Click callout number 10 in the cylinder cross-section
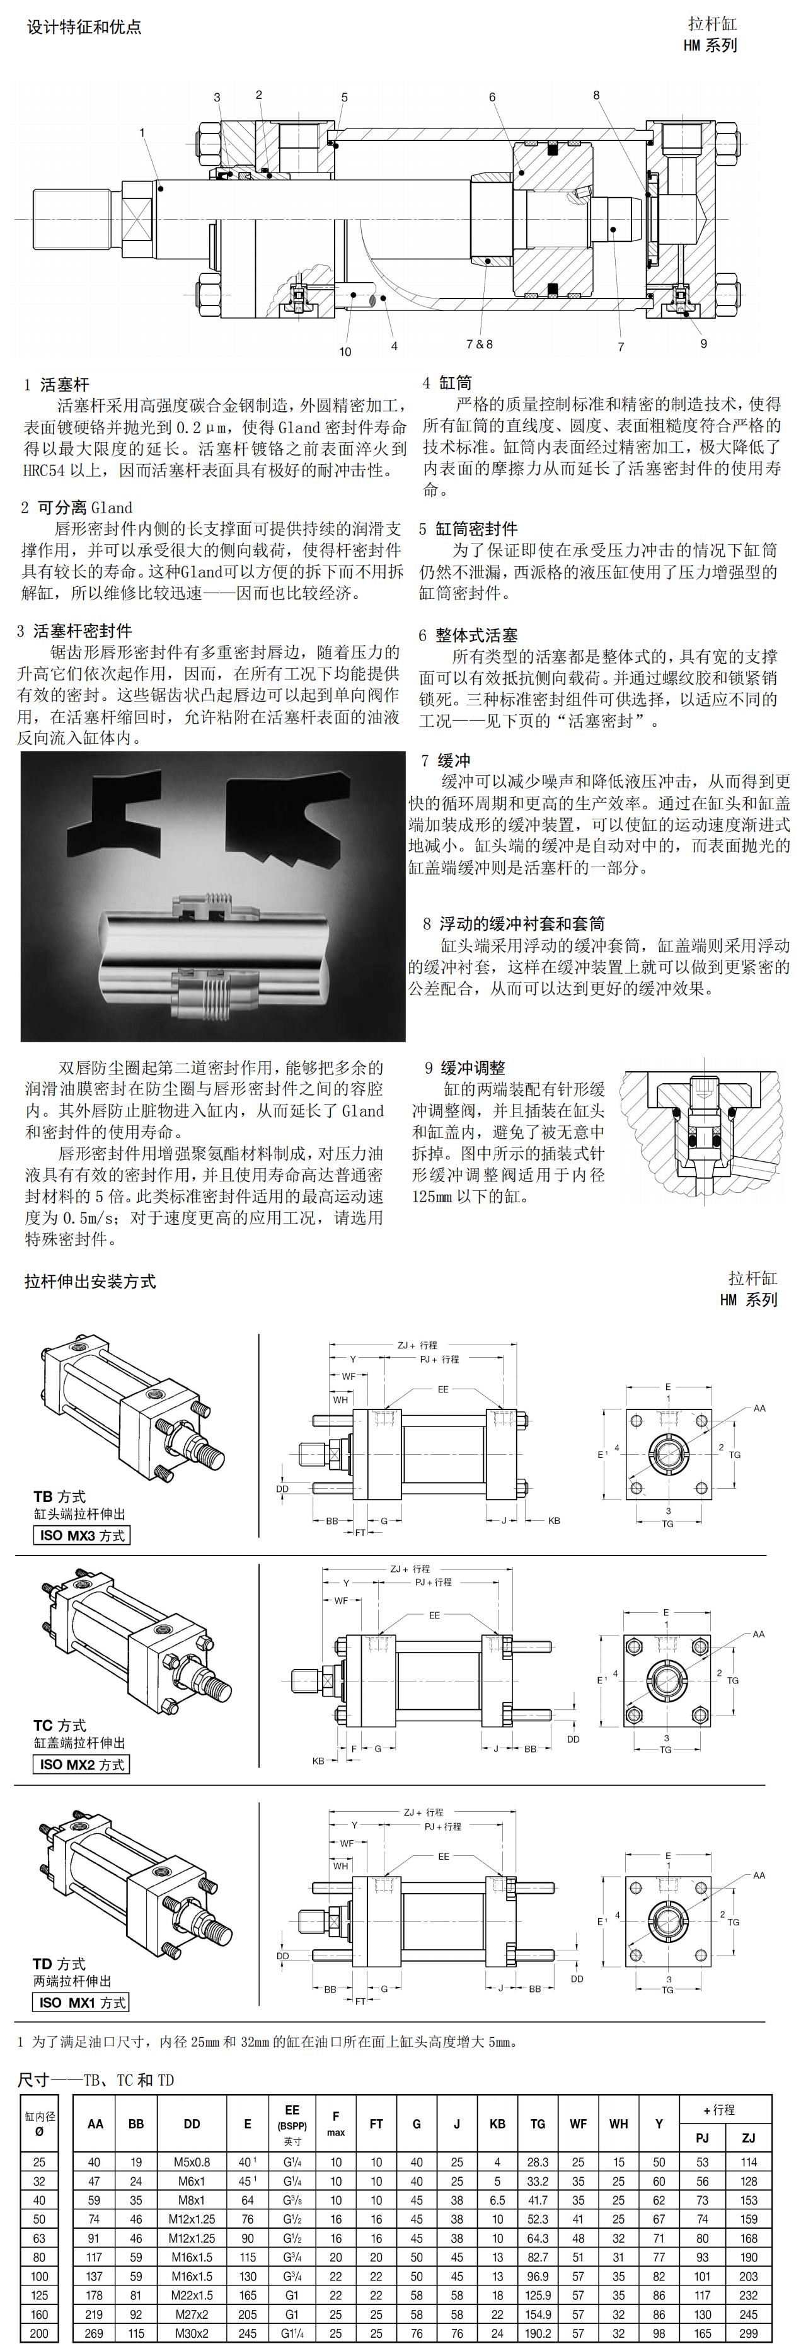(x=345, y=351)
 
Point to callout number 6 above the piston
(x=492, y=98)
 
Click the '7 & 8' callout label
(x=480, y=344)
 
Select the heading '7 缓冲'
(x=446, y=760)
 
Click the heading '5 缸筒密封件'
(x=468, y=528)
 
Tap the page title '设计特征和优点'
(x=84, y=27)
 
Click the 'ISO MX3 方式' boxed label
(x=82, y=1535)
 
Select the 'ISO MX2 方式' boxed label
(x=82, y=1765)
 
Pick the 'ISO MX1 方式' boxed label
(x=82, y=2002)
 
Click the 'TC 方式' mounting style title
(x=60, y=1725)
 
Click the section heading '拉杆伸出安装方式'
(x=90, y=1281)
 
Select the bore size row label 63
(x=39, y=2238)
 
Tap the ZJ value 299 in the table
(x=748, y=2333)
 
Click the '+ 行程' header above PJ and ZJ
(x=725, y=2109)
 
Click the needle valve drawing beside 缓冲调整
(x=702, y=1137)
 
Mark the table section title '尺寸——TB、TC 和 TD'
(x=96, y=2080)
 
